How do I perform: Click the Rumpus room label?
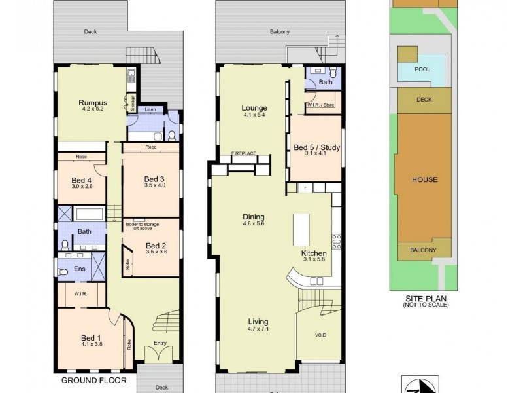[92, 103]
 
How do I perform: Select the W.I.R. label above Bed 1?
[81, 293]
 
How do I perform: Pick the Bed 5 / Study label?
[316, 148]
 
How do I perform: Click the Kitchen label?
[313, 253]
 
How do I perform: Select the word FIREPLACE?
[243, 153]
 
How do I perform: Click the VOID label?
[320, 335]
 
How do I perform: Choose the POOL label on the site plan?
[423, 69]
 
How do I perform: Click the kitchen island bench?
[301, 229]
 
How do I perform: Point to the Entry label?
[160, 343]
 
